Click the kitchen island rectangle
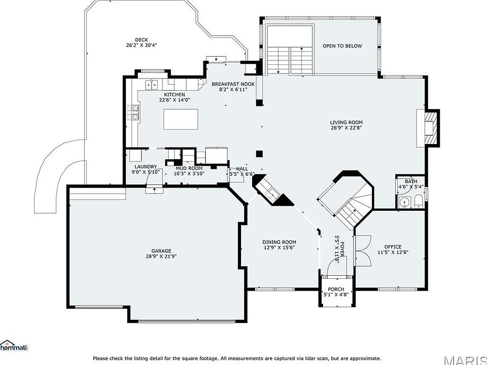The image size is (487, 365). [x=181, y=119]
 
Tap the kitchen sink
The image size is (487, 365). [x=152, y=85]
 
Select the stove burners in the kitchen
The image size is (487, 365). [x=132, y=113]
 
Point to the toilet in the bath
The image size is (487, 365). [x=419, y=201]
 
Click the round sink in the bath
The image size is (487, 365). [x=405, y=203]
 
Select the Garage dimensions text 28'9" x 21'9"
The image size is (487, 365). [x=161, y=257]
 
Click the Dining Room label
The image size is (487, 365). [x=279, y=242]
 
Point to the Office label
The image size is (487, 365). [x=393, y=247]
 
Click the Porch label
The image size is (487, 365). [x=336, y=289]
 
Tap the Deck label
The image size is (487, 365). [x=142, y=40]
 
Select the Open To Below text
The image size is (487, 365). [x=342, y=46]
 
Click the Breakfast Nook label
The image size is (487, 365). [x=233, y=84]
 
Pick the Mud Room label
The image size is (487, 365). [x=189, y=168]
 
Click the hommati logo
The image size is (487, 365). [x=14, y=345]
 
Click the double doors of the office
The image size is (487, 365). [x=363, y=251]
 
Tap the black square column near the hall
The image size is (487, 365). [x=259, y=154]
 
